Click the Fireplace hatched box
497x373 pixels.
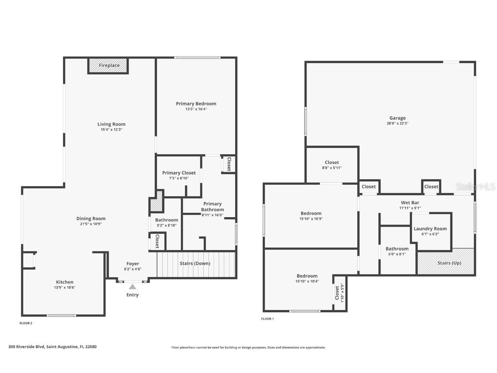(x=109, y=66)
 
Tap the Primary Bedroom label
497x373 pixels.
(x=196, y=104)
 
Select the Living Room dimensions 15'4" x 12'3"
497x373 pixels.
(x=111, y=130)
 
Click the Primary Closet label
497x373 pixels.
(x=179, y=173)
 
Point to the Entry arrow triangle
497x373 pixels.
(x=132, y=287)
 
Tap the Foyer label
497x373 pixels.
(x=132, y=264)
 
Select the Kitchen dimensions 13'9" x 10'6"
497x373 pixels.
(x=64, y=288)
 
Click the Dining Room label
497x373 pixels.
(x=91, y=218)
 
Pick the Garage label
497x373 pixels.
(x=397, y=118)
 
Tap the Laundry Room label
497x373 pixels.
(x=430, y=229)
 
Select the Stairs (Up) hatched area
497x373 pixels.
(x=446, y=262)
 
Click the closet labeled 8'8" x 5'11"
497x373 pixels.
(x=332, y=165)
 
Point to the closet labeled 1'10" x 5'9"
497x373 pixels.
(x=339, y=292)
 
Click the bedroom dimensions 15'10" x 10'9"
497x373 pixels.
(x=311, y=219)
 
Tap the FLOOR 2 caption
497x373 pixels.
(x=26, y=323)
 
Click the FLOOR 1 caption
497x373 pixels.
(x=267, y=319)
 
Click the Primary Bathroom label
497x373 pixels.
(x=212, y=206)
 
